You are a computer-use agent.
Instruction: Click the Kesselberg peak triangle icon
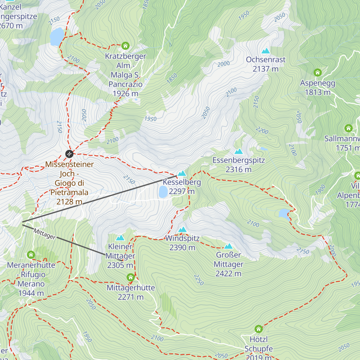pos(182,173)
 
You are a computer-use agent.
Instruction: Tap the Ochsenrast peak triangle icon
pos(265,51)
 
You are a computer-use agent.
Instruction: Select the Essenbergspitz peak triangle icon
pos(238,151)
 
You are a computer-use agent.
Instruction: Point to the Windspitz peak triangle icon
pos(182,230)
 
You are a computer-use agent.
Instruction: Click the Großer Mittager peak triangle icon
pos(228,246)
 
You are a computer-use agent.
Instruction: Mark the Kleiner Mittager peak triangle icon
pos(120,238)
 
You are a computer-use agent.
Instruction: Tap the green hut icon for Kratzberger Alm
pos(125,46)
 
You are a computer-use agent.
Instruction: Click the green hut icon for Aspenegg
pos(317,73)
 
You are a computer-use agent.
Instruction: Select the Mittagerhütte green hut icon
pos(130,277)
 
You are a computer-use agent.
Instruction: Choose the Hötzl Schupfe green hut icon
pos(259,329)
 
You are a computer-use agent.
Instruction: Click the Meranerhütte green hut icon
pos(31,255)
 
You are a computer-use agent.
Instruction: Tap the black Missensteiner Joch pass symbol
pos(69,154)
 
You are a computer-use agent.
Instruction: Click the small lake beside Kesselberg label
pos(163,192)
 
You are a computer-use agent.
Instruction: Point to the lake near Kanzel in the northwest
pos(57,37)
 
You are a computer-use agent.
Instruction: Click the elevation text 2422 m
pos(228,274)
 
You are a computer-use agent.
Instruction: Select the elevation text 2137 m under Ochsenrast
pos(265,69)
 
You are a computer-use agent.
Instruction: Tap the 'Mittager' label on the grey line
pos(44,234)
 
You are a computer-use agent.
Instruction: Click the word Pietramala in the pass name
pos(69,192)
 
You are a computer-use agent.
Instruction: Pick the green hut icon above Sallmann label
pos(348,128)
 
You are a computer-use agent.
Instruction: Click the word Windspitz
pos(182,238)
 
